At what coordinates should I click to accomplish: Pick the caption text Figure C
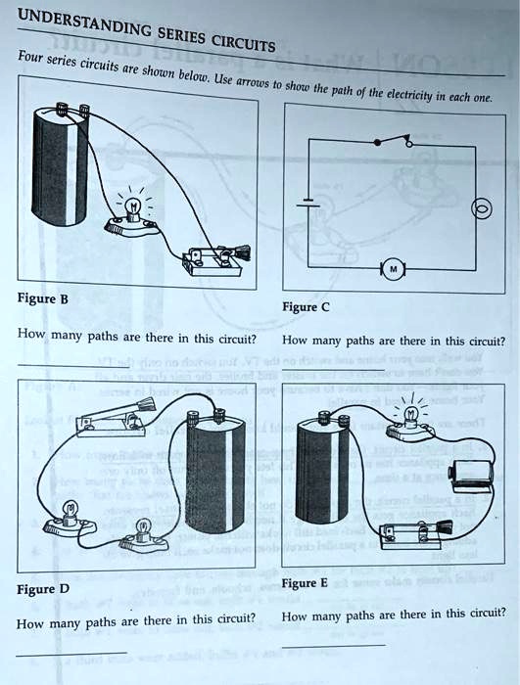click(x=306, y=306)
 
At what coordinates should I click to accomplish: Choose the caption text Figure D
click(x=44, y=589)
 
